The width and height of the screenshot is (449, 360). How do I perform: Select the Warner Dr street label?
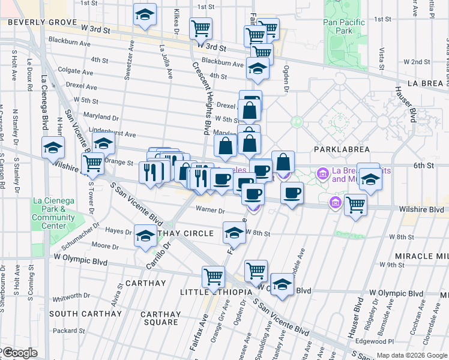[209, 211]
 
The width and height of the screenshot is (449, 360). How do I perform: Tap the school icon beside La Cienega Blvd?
[53, 147]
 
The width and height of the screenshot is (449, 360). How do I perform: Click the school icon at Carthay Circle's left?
[145, 236]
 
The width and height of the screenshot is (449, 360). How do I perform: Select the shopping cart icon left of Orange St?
[92, 163]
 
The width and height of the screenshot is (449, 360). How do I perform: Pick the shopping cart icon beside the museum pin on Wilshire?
[356, 205]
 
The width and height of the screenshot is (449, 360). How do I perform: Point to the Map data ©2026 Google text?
[411, 355]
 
